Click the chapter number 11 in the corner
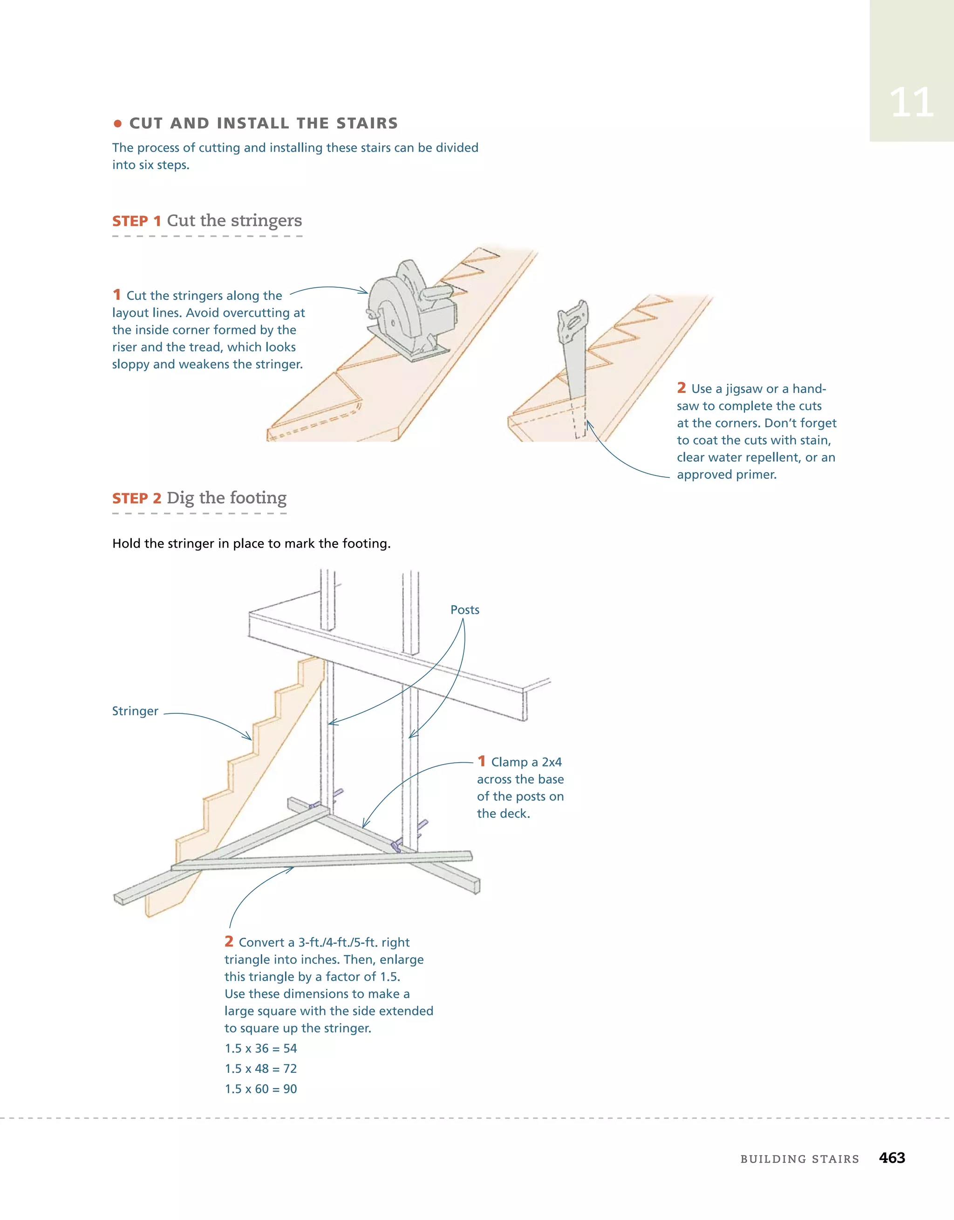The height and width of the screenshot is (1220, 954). [x=911, y=103]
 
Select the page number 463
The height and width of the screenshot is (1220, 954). [x=892, y=1158]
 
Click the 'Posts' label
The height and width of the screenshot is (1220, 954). [x=464, y=610]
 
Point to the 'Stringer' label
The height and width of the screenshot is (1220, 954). [x=135, y=711]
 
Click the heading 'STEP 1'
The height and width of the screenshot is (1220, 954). [x=136, y=221]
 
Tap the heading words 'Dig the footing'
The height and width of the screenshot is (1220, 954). [x=226, y=498]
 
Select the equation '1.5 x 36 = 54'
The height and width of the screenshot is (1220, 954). [x=260, y=1049]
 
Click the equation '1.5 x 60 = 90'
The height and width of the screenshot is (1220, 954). [x=260, y=1089]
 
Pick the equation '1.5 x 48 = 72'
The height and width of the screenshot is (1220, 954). [x=260, y=1069]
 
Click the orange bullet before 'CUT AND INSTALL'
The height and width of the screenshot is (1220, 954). [x=117, y=123]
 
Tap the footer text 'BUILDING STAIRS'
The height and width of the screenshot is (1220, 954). [x=799, y=1159]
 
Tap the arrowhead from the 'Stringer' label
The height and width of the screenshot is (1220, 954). [x=248, y=738]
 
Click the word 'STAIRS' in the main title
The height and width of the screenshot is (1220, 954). [x=367, y=123]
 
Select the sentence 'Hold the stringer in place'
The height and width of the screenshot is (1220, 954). [x=251, y=543]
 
